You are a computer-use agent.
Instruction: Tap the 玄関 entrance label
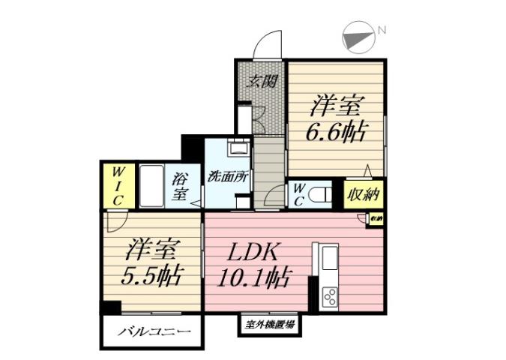(259, 80)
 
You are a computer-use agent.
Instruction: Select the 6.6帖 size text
(335, 132)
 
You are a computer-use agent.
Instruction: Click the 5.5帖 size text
(151, 276)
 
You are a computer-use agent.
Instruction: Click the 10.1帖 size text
(254, 278)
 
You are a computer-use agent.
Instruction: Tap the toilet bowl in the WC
(321, 194)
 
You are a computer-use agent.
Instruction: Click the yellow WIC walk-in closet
(118, 186)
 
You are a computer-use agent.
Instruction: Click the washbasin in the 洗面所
(238, 148)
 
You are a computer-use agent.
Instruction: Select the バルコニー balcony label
(152, 331)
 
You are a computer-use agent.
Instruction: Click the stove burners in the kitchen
(329, 296)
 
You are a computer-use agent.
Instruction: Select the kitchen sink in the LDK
(329, 259)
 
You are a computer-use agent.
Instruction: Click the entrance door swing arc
(267, 46)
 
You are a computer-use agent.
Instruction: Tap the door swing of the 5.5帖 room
(115, 220)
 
